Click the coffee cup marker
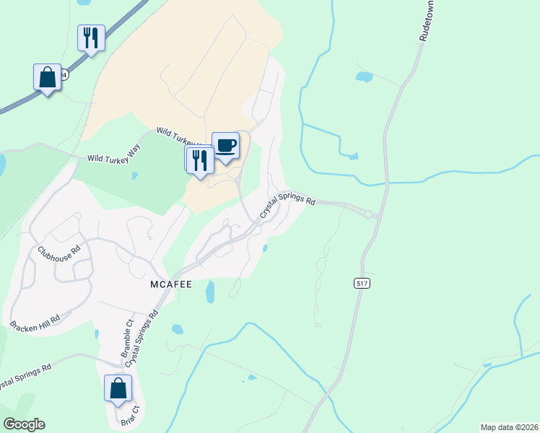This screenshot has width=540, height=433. tap(225, 145)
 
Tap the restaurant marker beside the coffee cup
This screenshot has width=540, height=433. tap(200, 160)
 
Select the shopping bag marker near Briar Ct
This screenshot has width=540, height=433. tap(118, 388)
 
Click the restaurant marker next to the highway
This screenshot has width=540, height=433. tap(91, 38)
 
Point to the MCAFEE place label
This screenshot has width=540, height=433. tap(171, 284)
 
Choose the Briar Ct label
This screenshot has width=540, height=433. tap(134, 418)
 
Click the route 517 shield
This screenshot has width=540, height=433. tap(362, 284)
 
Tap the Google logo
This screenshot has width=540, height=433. tap(24, 424)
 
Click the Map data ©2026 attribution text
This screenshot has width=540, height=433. tap(509, 427)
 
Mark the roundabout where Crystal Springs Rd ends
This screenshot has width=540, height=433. tap(368, 214)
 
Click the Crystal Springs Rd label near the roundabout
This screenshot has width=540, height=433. tap(287, 204)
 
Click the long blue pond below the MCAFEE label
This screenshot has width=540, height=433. tap(210, 292)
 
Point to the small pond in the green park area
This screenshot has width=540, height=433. tap(134, 175)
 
